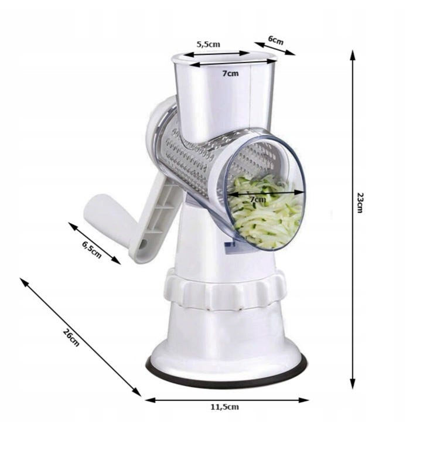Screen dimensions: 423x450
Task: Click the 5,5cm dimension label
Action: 208,44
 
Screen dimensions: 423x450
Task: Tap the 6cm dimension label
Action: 276,40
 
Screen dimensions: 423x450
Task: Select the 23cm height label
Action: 360,203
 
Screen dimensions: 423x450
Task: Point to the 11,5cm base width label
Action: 225,407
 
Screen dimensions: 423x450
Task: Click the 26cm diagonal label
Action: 71,337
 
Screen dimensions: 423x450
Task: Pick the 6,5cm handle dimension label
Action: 92,250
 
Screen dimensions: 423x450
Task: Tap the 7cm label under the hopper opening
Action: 230,73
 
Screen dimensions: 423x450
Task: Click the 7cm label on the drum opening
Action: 258,199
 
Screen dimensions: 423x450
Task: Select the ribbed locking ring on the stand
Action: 225,290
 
